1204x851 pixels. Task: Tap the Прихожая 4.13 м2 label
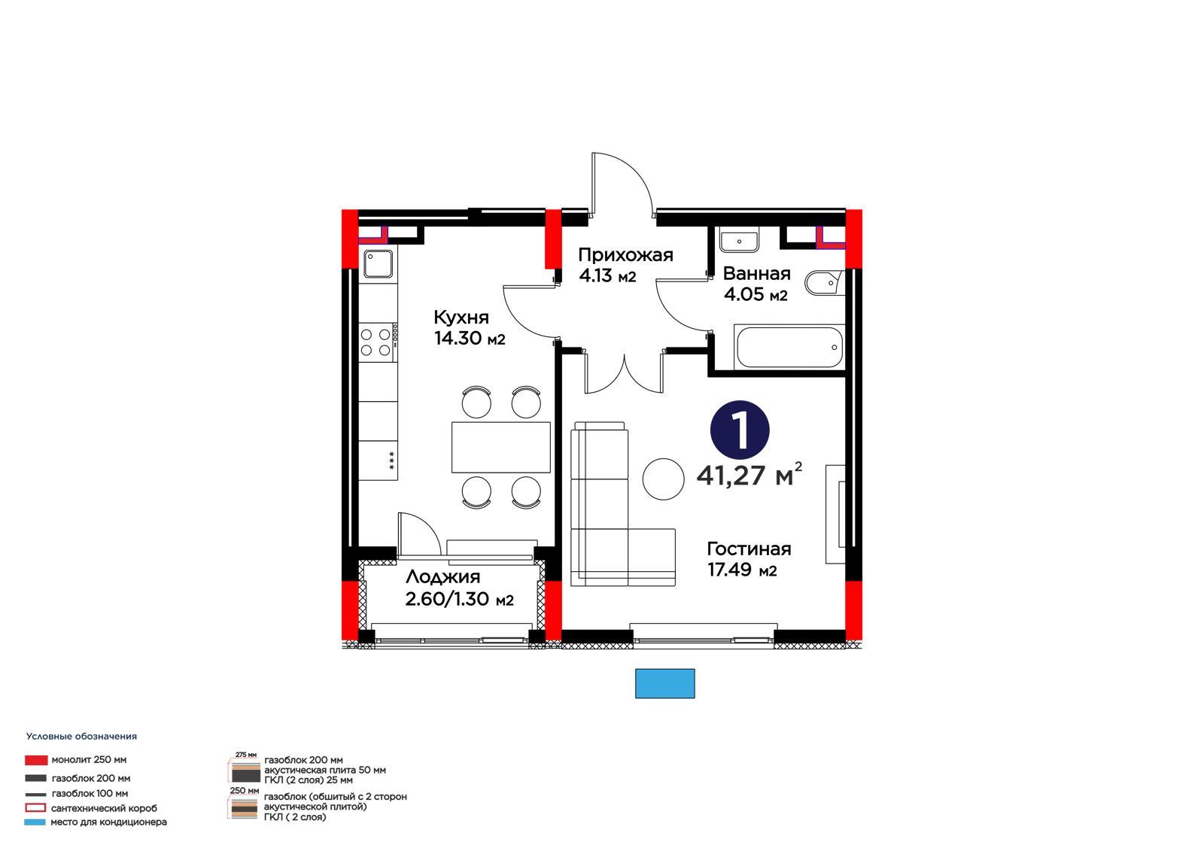pyautogui.click(x=625, y=265)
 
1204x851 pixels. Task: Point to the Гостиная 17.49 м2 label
pyautogui.click(x=749, y=558)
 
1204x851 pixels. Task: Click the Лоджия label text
pyautogui.click(x=443, y=577)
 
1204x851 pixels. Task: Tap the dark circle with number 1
pyautogui.click(x=740, y=430)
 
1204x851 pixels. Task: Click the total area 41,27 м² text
pyautogui.click(x=749, y=473)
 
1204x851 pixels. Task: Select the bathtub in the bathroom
pyautogui.click(x=789, y=348)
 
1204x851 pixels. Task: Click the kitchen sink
pyautogui.click(x=378, y=263)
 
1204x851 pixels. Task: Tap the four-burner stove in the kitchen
pyautogui.click(x=378, y=342)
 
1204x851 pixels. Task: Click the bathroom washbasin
pyautogui.click(x=739, y=240)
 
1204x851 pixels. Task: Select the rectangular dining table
pyautogui.click(x=501, y=447)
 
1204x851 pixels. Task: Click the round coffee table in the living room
pyautogui.click(x=663, y=479)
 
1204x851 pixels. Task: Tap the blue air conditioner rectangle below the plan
pyautogui.click(x=665, y=683)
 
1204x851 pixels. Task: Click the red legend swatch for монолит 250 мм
pyautogui.click(x=36, y=760)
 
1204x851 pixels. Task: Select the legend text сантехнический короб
pyautogui.click(x=104, y=808)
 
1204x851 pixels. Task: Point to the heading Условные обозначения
pyautogui.click(x=82, y=737)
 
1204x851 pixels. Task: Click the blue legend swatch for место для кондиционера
pyautogui.click(x=35, y=822)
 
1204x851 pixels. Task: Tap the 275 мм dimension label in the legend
pyautogui.click(x=245, y=755)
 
